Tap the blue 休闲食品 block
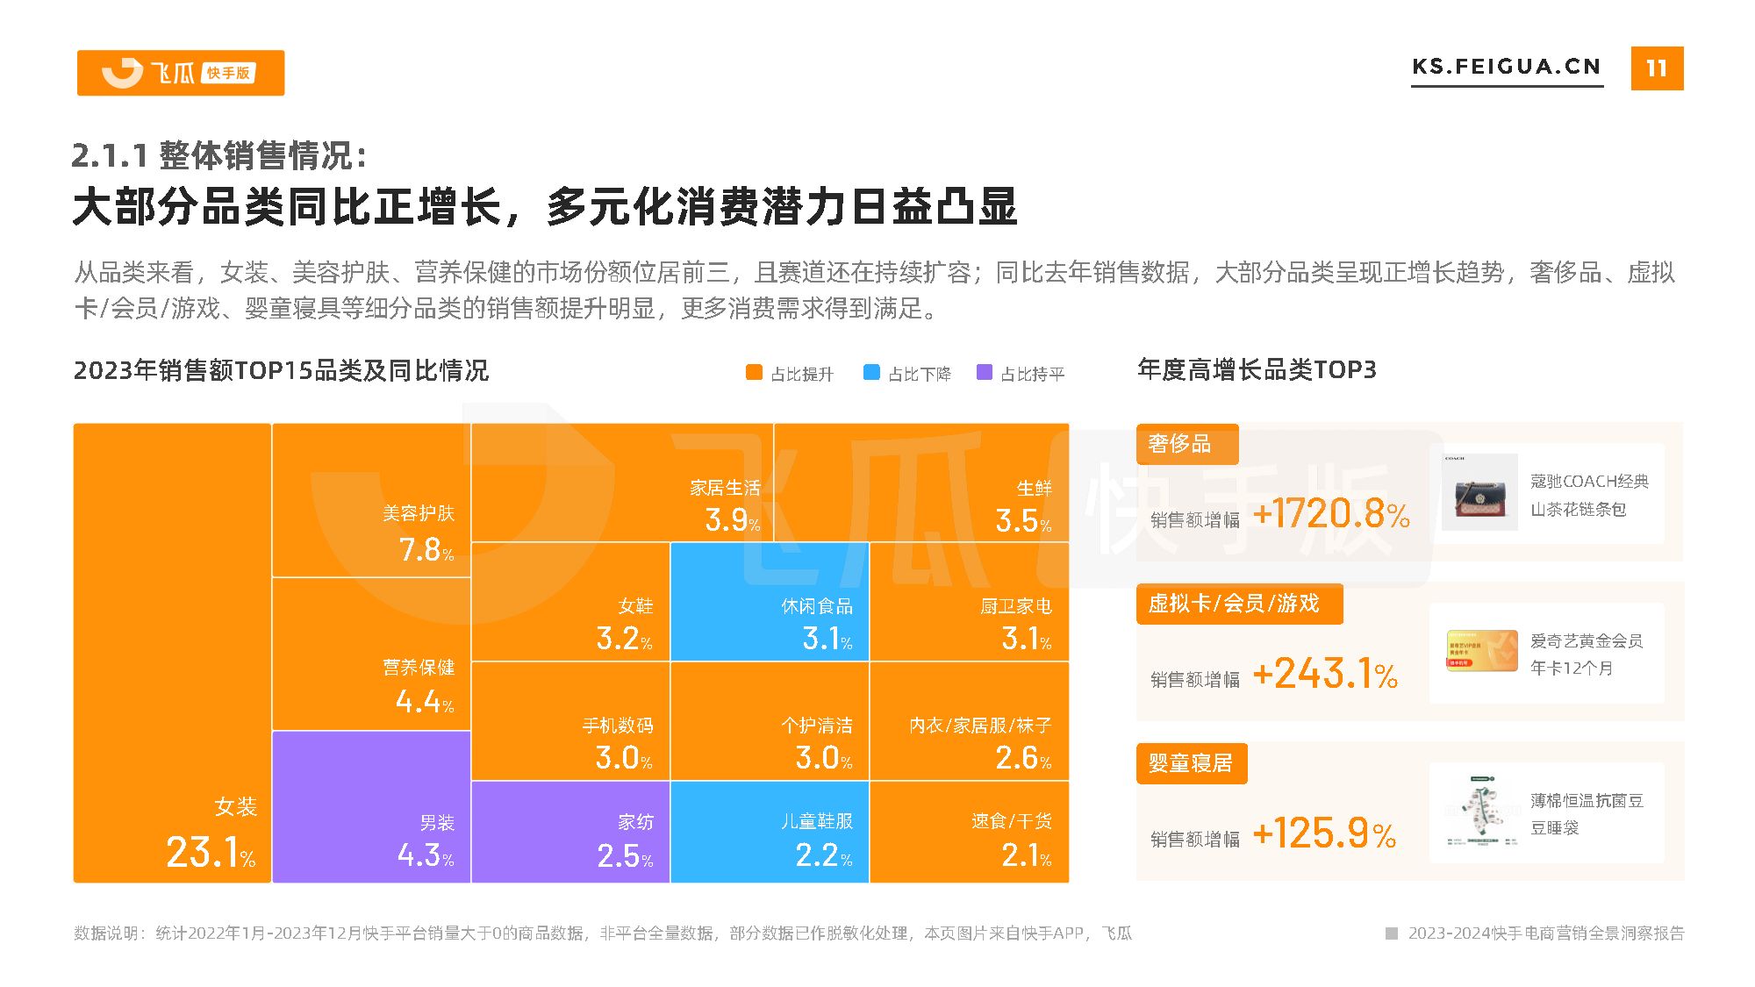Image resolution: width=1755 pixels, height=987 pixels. [x=770, y=602]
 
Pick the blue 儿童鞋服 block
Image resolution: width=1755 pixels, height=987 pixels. [x=770, y=832]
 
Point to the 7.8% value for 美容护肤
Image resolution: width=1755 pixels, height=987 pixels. [x=426, y=550]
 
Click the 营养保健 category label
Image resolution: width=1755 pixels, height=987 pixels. [x=419, y=668]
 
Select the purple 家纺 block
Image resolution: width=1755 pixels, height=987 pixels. [x=570, y=832]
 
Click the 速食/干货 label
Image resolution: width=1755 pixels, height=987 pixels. [x=1011, y=821]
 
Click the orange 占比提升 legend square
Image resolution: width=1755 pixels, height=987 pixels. [x=754, y=373]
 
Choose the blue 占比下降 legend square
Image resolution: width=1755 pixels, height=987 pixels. [x=871, y=373]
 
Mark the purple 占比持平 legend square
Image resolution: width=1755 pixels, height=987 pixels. [x=985, y=373]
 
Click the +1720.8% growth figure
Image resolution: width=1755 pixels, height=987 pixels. [x=1331, y=514]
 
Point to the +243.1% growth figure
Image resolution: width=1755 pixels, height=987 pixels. [x=1325, y=675]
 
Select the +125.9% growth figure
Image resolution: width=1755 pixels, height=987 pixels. [x=1324, y=834]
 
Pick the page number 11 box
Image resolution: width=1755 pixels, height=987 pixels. [x=1656, y=68]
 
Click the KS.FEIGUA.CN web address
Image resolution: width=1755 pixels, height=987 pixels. [x=1506, y=68]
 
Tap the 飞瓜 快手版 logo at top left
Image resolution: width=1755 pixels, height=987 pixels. [x=181, y=73]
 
